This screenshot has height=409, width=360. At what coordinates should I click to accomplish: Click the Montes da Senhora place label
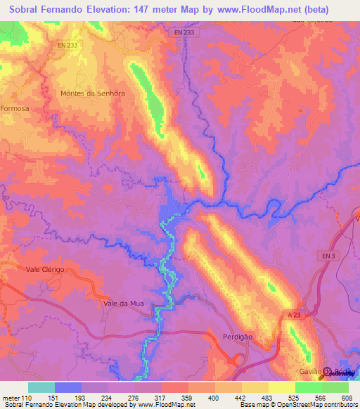(x=93, y=93)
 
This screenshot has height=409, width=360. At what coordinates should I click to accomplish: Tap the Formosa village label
(x=15, y=109)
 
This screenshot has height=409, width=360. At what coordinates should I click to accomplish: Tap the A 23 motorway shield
(x=293, y=316)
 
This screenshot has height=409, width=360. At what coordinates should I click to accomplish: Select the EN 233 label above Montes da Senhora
(x=69, y=45)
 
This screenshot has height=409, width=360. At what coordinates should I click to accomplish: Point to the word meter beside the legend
(x=11, y=396)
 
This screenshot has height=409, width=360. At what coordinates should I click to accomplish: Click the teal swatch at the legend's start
(x=41, y=387)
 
